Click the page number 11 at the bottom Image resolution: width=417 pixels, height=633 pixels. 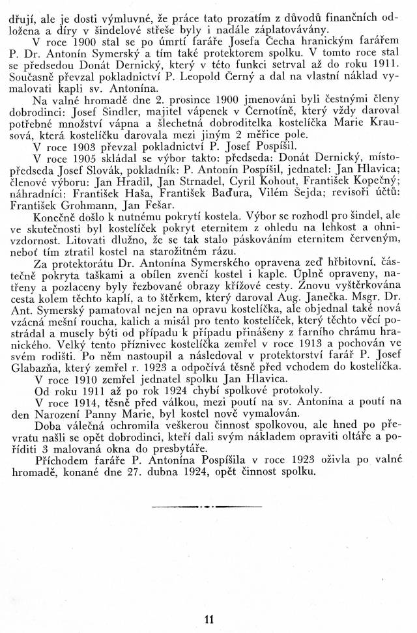pos(208,619)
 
